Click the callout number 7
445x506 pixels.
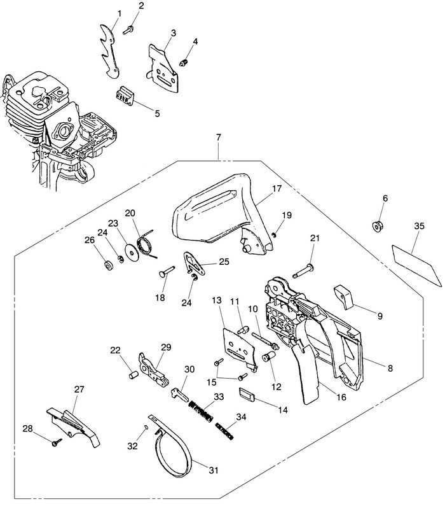(219, 137)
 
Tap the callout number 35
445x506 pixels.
(419, 226)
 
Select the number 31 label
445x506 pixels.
(214, 470)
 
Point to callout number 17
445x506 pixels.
(277, 188)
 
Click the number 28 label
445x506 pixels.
(28, 428)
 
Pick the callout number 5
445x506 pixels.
(157, 113)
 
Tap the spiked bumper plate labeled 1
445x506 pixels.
(109, 52)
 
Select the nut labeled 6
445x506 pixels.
(376, 225)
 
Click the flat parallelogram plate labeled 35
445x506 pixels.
(416, 265)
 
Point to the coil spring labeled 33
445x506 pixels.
(200, 411)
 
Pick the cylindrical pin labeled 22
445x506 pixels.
(133, 375)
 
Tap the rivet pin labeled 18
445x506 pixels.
(167, 271)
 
